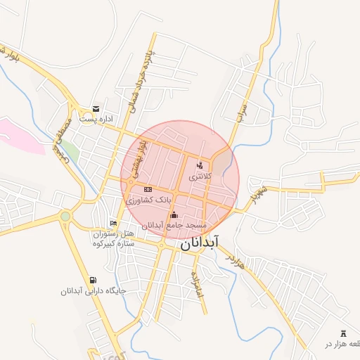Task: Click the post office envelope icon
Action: point(96,109)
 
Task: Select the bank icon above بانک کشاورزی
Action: point(148,190)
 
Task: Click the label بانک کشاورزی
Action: point(148,200)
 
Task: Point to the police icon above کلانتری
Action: point(200,165)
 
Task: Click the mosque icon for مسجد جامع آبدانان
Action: point(174,215)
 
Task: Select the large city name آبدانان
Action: point(210,243)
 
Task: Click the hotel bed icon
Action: point(113,223)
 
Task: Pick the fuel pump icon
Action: point(94,280)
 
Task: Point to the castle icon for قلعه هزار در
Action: point(343,333)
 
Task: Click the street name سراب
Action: point(243,115)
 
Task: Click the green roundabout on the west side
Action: point(65,217)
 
